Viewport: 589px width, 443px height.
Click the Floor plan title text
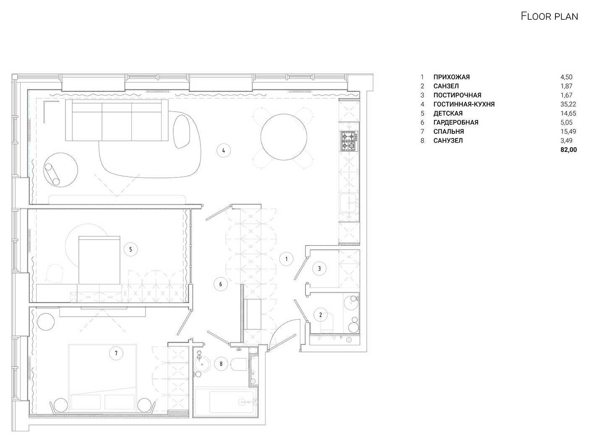549,16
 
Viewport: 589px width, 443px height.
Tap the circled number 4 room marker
224,151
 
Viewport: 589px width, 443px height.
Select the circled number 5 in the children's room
131,249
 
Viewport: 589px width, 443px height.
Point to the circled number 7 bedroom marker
116,353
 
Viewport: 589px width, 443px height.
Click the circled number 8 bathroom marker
221,364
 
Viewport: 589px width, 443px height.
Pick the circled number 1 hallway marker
286,259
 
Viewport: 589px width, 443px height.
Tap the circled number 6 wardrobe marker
221,284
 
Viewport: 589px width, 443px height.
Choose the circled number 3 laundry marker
319,268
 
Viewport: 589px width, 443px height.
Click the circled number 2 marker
321,315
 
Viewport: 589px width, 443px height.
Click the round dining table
284,137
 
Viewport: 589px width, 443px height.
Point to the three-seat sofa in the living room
117,120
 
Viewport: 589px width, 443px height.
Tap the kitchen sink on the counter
349,203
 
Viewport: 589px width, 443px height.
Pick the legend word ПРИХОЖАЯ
452,77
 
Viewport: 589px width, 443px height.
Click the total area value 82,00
568,150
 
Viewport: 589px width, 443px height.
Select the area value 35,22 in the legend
568,104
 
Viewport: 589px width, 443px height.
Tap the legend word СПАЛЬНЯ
448,131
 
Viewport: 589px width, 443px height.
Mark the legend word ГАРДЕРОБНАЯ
456,122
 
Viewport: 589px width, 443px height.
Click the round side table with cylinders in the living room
61,170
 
